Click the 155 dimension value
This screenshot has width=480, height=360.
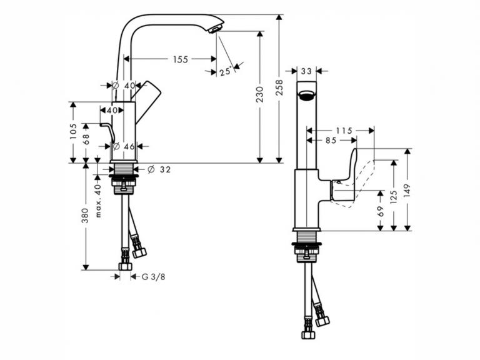(x=181, y=59)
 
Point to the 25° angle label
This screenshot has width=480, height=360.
(x=226, y=71)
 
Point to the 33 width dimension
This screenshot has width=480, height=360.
(x=306, y=71)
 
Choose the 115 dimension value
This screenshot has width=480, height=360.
(x=344, y=131)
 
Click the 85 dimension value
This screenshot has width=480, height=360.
(x=331, y=141)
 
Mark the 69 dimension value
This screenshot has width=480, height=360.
(x=381, y=213)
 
